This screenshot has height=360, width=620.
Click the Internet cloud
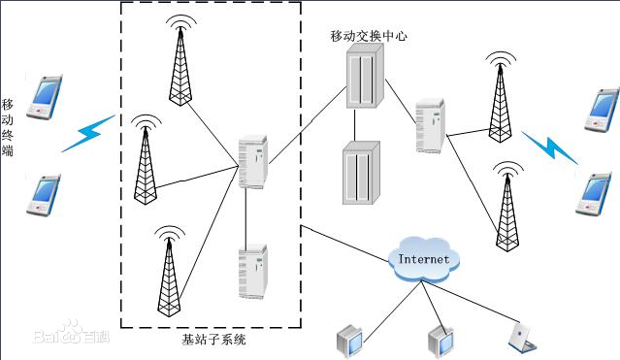(424, 258)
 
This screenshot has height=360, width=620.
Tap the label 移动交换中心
(368, 36)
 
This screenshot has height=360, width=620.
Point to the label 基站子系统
(214, 340)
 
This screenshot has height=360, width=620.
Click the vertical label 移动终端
(8, 127)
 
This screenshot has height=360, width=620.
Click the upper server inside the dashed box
(252, 160)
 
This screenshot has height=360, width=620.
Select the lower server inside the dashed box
(252, 271)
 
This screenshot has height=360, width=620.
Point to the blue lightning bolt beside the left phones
(88, 134)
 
